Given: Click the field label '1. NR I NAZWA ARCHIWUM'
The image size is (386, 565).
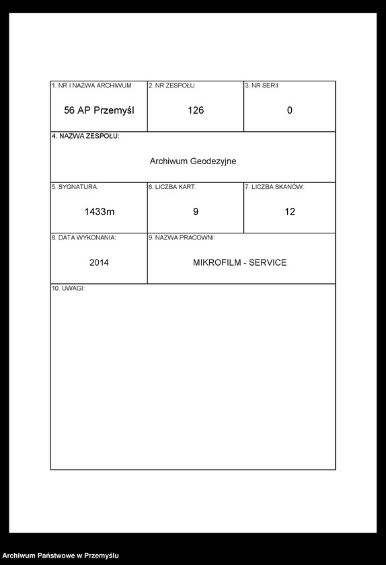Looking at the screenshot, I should tap(91, 86).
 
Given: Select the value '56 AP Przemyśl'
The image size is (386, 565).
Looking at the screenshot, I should tap(99, 110).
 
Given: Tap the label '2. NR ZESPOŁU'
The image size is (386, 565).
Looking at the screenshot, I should tap(171, 86).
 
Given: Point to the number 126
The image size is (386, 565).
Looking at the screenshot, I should tap(196, 110).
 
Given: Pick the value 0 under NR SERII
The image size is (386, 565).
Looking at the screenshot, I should tap(290, 110).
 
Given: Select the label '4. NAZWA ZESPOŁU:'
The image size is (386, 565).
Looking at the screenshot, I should tap(85, 137).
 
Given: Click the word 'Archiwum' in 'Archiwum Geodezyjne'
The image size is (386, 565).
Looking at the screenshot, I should tap(168, 161).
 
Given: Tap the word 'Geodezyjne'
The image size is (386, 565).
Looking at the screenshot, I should tap(213, 161).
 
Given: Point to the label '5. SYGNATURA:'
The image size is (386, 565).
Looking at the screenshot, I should tap(75, 187).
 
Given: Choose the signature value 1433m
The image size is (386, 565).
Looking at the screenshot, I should tap(100, 212).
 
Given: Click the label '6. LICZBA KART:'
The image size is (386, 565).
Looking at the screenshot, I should tap(172, 187).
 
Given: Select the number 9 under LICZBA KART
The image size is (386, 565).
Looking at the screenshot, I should tap(196, 212).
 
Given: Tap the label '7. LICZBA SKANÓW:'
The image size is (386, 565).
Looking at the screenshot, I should tap(274, 187).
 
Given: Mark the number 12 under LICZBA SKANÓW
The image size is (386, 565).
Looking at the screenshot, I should tap(290, 212).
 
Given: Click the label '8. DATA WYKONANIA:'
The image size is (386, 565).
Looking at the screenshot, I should tap(83, 238).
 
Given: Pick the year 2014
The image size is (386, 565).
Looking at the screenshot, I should tap(99, 262).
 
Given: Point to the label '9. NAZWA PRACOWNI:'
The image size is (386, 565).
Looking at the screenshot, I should tap(182, 238).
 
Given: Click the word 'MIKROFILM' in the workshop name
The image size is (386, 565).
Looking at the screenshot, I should tap(215, 262).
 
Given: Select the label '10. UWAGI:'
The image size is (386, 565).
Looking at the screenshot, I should tap(68, 289).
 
